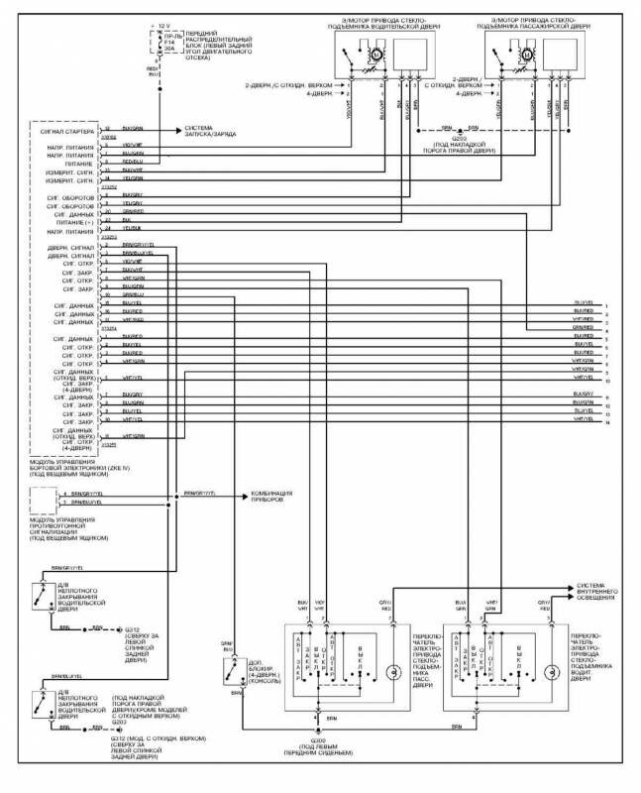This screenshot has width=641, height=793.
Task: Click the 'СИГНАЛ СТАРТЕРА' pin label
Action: point(65,130)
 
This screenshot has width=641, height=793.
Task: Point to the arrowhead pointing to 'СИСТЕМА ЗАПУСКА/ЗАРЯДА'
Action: point(178,130)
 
